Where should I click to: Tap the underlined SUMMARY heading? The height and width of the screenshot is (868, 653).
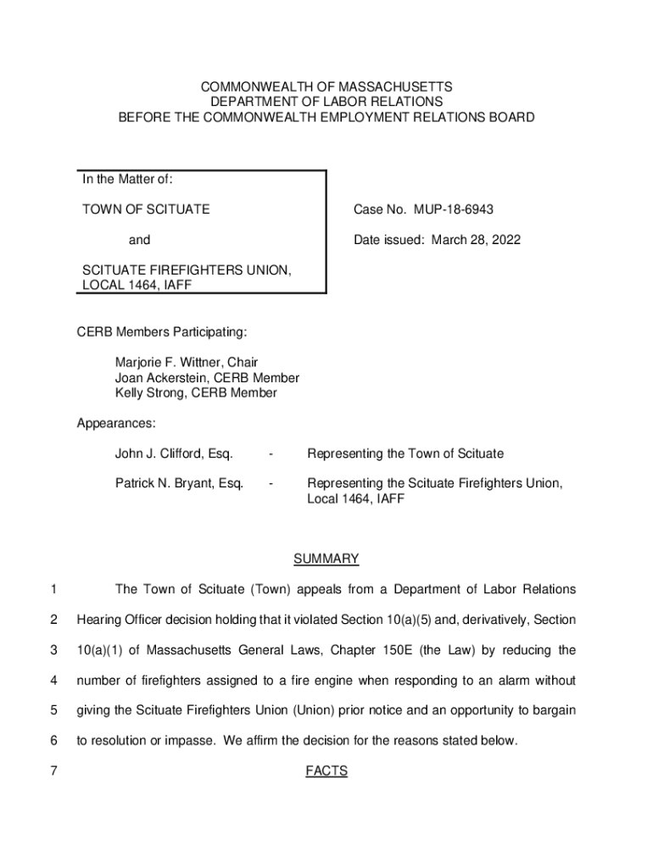point(326,559)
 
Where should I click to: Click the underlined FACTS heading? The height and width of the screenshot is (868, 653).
point(326,771)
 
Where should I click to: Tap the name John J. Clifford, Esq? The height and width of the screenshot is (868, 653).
point(174,453)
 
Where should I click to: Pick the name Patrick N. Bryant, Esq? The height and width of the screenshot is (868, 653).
point(179,483)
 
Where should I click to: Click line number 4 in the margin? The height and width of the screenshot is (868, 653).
point(53,680)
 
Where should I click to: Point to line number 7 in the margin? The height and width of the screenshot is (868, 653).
point(53,771)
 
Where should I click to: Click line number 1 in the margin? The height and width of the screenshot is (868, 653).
point(53,589)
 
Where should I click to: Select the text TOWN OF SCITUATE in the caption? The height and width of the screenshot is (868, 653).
point(145,209)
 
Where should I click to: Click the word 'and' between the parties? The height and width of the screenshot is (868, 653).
point(139,240)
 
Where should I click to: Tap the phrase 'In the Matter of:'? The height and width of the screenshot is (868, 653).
point(127,180)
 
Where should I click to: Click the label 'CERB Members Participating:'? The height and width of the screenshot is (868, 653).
point(162,331)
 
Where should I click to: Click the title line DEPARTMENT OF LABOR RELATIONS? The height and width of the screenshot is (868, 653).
point(326,102)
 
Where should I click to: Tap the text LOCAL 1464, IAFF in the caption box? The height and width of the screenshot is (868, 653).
point(136,286)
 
